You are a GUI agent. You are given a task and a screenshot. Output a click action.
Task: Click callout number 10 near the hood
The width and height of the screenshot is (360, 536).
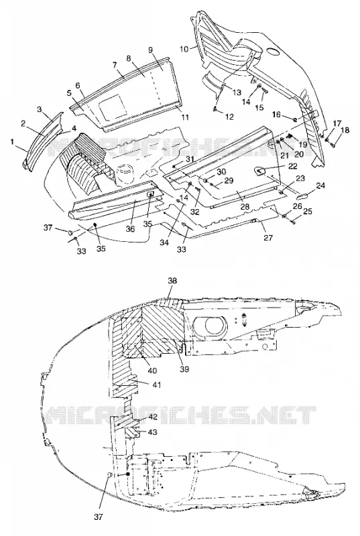coord(184,49)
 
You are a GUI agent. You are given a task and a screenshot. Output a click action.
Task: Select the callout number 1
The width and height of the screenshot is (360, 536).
coord(13,141)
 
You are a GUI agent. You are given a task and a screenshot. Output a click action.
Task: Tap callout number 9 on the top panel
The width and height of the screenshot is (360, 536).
coord(150,49)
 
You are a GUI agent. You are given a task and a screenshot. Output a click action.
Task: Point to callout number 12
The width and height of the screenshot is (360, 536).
coord(230,117)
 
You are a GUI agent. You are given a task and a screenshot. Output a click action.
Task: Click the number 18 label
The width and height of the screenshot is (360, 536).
coord(345,130)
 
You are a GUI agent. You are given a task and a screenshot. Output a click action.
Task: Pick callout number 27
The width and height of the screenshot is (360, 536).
coord(268,237)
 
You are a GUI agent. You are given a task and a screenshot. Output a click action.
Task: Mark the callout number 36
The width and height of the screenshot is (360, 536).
coord(130,229)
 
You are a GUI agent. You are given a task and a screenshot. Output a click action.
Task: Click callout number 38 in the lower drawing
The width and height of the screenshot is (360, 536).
coord(173,280)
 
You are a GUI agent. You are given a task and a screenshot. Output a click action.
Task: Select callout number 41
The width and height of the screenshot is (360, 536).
coord(157,385)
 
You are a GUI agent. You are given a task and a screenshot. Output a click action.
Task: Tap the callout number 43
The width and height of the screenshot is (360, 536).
coord(152,432)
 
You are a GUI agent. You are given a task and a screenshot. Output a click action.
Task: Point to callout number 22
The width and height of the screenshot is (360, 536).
coord(293,166)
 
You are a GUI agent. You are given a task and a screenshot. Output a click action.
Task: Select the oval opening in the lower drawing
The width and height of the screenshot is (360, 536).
coord(210,325)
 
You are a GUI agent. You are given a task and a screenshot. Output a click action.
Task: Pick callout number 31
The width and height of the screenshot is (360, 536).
coord(190,159)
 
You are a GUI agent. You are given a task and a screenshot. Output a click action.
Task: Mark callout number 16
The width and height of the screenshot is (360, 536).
coord(277,115)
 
